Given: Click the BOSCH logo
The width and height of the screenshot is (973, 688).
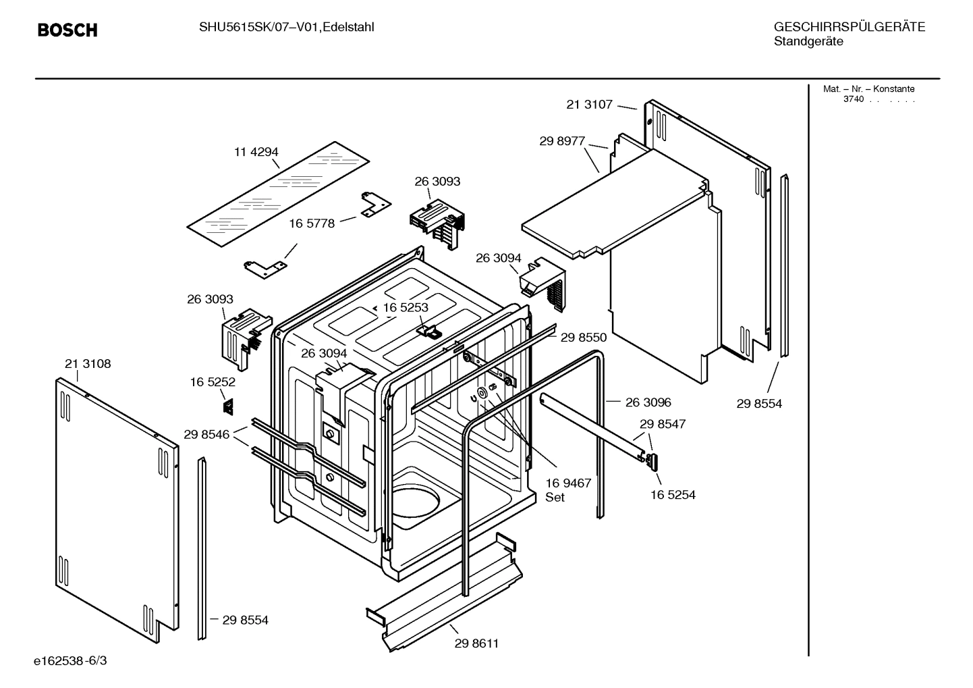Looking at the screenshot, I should [67, 30].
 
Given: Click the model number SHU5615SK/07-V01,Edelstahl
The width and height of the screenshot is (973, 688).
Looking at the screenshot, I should [286, 27].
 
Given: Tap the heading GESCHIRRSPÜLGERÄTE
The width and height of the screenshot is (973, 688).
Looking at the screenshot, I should [849, 27].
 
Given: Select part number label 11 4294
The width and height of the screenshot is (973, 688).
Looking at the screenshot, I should [256, 152].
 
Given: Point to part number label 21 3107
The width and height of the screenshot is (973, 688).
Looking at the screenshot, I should [589, 104].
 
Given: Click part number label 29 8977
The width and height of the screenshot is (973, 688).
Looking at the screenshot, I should [562, 141].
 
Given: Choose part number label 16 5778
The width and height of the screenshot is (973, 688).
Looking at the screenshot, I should [312, 223].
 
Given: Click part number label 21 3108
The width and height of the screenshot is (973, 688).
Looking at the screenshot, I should [88, 364].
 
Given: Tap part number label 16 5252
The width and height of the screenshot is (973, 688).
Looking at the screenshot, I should [213, 382].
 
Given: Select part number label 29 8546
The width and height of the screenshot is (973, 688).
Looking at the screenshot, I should [206, 435].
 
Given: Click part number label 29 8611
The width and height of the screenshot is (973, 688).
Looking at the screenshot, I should [476, 643].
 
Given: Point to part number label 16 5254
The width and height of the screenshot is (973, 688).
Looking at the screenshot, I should [673, 494].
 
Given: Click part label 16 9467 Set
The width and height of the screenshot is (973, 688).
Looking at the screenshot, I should [567, 489].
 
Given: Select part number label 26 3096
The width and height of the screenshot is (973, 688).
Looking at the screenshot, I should [648, 402].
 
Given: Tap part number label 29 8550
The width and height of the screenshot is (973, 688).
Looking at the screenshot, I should [583, 338].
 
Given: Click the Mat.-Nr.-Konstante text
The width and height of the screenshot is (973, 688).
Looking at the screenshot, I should [868, 89].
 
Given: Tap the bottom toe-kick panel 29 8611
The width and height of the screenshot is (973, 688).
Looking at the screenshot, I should [445, 594].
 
